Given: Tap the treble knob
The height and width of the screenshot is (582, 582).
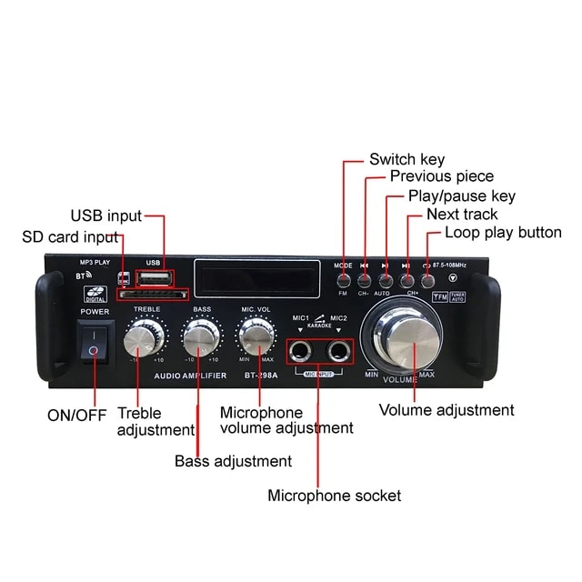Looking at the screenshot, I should pyautogui.click(x=141, y=340).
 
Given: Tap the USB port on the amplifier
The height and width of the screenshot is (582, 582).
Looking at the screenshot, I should pyautogui.click(x=151, y=276).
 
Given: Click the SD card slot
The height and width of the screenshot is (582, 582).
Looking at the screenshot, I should pyautogui.click(x=152, y=294).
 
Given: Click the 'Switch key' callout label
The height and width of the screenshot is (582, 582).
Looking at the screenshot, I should pyautogui.click(x=406, y=159).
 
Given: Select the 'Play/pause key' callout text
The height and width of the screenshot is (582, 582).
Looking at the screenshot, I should pyautogui.click(x=461, y=196).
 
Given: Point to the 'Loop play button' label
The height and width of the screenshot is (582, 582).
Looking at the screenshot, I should pyautogui.click(x=503, y=233).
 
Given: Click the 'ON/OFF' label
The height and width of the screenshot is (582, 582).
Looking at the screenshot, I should pyautogui.click(x=76, y=415).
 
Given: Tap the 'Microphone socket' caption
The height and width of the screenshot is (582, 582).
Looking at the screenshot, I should pyautogui.click(x=334, y=496).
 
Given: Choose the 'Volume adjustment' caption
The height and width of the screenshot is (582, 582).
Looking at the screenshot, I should pyautogui.click(x=447, y=410).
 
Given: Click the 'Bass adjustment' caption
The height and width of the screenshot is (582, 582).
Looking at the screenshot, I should pyautogui.click(x=233, y=461).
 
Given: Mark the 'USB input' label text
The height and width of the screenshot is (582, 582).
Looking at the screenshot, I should pyautogui.click(x=106, y=216).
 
